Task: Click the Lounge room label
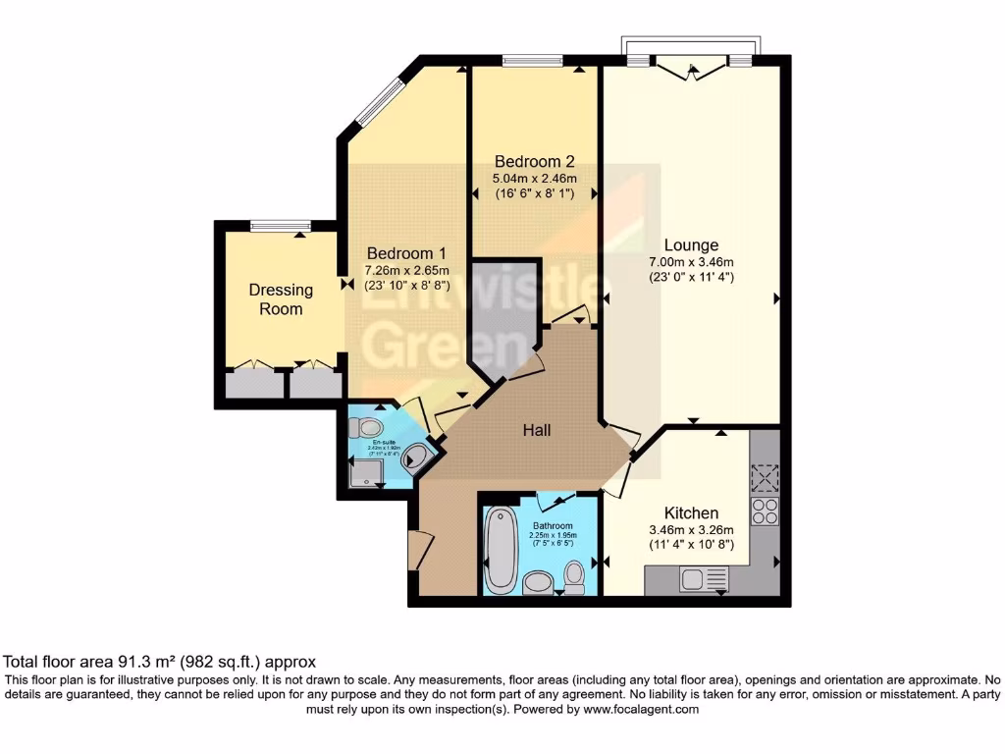[x=691, y=245]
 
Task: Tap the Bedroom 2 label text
[x=534, y=162]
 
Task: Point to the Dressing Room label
[x=281, y=299]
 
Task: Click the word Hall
[x=536, y=430]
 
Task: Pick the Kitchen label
[x=691, y=513]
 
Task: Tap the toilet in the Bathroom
[x=574, y=576]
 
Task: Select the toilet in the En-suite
[x=366, y=427]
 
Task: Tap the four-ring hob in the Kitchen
[x=764, y=512]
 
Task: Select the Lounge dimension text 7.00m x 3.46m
[x=691, y=261]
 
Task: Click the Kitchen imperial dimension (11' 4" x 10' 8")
[x=691, y=546]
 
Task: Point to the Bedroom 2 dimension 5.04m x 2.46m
[x=534, y=179]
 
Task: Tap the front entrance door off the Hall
[x=416, y=549]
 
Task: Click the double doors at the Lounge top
[x=691, y=66]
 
